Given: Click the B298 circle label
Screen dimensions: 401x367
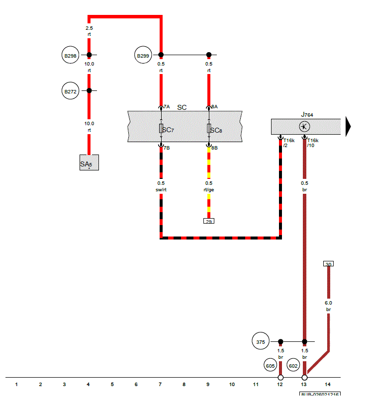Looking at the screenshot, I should click(71, 55).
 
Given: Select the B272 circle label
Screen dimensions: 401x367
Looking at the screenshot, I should click(71, 91).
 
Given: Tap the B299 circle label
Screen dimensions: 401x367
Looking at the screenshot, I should click(143, 56).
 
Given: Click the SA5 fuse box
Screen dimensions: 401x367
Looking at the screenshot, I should click(89, 162).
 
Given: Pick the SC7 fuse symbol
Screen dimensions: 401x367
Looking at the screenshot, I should click(161, 129).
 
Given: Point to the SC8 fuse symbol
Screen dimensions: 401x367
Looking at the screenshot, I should click(209, 129).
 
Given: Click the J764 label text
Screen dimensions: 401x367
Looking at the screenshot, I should click(307, 114).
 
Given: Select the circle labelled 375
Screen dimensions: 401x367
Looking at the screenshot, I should click(261, 341).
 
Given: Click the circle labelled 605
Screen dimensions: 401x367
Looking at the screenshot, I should click(271, 366).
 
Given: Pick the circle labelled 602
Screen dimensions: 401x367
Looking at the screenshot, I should click(293, 366).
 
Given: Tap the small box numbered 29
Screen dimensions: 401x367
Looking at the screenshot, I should click(209, 221).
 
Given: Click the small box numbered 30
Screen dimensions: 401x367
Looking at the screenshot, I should click(328, 264).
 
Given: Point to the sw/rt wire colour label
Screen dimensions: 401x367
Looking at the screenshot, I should click(161, 189).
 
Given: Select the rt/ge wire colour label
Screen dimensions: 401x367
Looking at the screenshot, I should click(209, 189).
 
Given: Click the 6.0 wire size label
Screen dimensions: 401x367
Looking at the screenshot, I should click(328, 303).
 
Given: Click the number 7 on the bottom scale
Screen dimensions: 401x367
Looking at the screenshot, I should click(160, 384).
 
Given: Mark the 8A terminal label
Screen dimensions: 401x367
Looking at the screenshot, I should click(214, 106).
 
